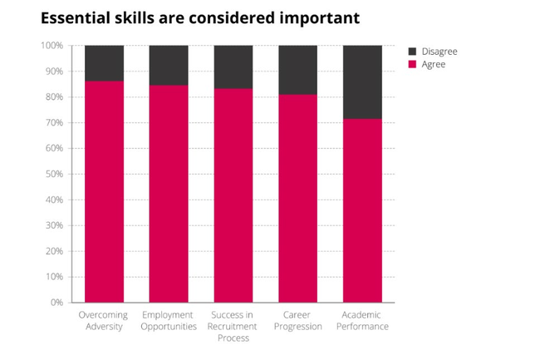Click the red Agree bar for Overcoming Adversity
coord(104,191)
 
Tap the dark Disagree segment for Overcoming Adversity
coord(104,63)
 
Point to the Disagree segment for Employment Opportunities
coord(169,65)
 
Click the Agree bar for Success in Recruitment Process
coord(233,195)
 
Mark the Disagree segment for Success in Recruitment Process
coord(233,67)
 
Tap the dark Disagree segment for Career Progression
coord(297,70)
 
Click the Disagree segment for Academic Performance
coord(362,81)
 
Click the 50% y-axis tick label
coord(53,174)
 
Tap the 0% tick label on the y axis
coord(56,303)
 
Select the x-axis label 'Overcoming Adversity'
coord(104,321)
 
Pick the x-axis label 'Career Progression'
coord(297,321)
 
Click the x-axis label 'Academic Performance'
coord(362,321)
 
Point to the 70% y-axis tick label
coord(53,123)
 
